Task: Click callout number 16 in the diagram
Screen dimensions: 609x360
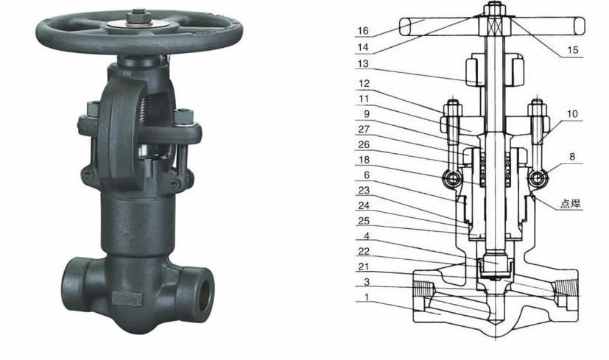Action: [363, 31]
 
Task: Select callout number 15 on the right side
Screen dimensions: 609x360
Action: [572, 50]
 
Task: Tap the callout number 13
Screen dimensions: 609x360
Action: [363, 64]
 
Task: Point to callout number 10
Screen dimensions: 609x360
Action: [572, 114]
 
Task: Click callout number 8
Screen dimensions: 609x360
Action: [572, 157]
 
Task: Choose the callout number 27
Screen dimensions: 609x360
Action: [364, 129]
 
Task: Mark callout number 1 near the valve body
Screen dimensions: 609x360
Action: [366, 297]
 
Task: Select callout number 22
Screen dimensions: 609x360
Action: [364, 251]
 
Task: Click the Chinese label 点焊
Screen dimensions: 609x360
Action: [570, 203]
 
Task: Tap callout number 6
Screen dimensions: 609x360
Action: [366, 175]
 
